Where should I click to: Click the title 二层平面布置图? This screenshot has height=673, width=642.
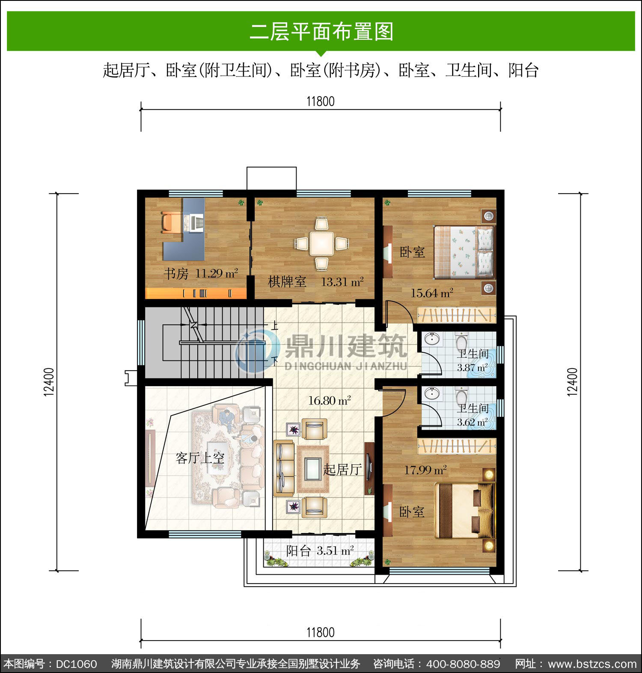point(321,32)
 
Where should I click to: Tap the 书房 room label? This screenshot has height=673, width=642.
point(176,274)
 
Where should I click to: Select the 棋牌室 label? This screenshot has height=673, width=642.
point(287,282)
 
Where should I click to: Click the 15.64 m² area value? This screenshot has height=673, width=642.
point(432,293)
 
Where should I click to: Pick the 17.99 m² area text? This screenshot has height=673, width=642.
point(425,470)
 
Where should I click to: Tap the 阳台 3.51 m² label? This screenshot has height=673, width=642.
point(320,551)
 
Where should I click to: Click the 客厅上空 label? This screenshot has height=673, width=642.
point(200,458)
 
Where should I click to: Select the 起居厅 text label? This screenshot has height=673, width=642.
point(342,469)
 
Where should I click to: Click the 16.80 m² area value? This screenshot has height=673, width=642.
point(330,401)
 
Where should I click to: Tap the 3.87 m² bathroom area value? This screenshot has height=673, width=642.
point(472,367)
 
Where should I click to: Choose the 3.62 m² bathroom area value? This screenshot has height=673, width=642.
point(472,422)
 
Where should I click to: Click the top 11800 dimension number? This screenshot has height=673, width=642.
point(321,101)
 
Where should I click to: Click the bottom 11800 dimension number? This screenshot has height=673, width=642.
point(321,632)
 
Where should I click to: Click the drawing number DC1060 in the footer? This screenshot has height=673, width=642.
point(77,664)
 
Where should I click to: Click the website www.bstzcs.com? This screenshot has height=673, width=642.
point(592,664)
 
